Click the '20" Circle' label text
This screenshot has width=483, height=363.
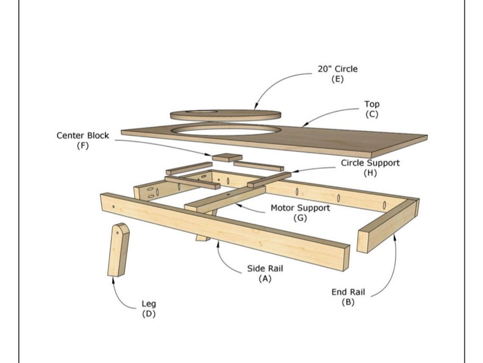(x=337, y=69)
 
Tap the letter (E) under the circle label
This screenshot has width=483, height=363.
(x=337, y=79)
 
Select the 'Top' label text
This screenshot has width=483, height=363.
(x=372, y=104)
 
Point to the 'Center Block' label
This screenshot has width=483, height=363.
(x=83, y=136)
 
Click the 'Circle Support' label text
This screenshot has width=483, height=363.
(x=370, y=163)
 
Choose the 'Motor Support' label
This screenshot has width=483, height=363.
(x=300, y=208)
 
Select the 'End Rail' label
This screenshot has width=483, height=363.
(x=348, y=292)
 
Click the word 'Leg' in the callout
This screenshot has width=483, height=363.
(x=149, y=304)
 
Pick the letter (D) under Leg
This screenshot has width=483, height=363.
(x=149, y=314)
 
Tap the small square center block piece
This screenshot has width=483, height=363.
(x=227, y=158)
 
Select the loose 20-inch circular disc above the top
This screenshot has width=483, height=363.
(x=225, y=115)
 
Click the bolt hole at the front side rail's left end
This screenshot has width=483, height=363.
(x=113, y=207)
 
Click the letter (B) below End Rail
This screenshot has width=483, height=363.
(x=348, y=302)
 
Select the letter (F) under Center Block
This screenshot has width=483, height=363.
(x=83, y=146)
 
